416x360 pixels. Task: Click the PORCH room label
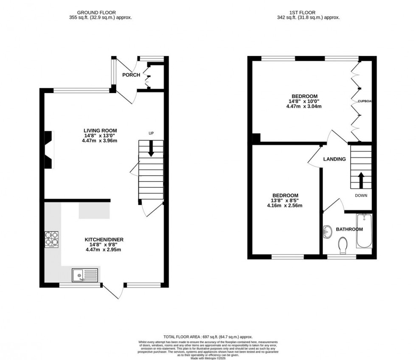coord(131,75)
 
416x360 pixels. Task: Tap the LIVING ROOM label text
coord(100,130)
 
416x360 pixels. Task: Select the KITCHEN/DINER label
coord(104,239)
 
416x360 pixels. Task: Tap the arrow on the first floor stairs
coord(361,179)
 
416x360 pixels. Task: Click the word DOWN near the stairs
coord(361,196)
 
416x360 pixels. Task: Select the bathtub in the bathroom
coord(364,232)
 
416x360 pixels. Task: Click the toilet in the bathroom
coord(343,245)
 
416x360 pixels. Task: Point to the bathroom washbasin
coord(327,231)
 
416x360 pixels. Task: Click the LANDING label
coord(334,159)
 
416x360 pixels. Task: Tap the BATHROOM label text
coord(349,229)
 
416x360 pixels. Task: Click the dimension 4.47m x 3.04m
coord(304,107)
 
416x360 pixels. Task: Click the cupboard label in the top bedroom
coord(365,101)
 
